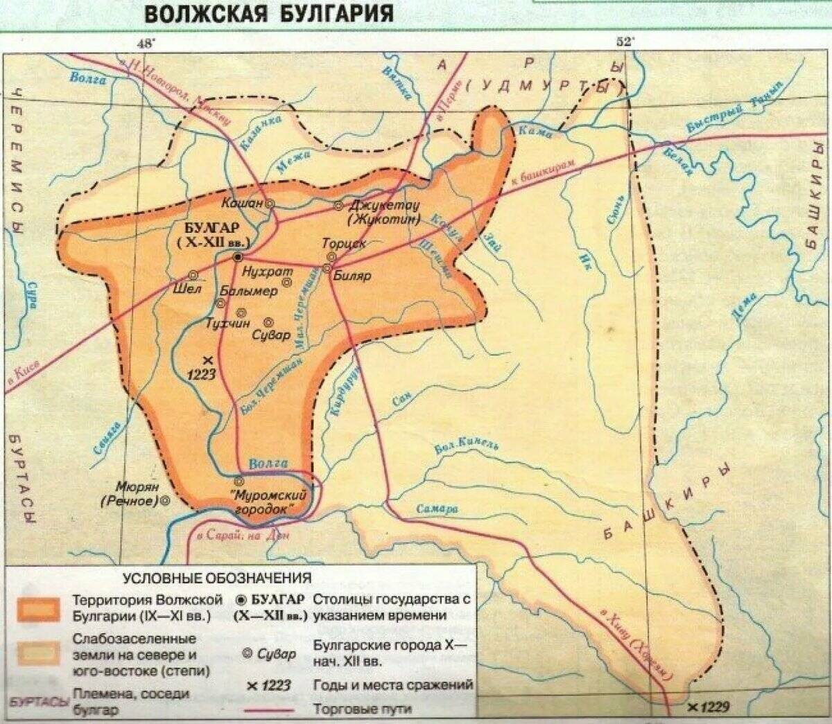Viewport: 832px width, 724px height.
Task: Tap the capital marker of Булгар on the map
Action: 238,256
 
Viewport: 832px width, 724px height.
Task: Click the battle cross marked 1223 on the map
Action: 207,360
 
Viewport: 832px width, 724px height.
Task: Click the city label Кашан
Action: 243,203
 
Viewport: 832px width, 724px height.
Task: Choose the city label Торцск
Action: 344,244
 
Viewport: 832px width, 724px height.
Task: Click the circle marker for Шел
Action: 193,274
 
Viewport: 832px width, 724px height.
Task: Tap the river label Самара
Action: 437,509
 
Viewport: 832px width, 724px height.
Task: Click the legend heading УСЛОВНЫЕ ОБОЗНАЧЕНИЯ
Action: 217,577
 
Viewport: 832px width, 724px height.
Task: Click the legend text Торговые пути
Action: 362,709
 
